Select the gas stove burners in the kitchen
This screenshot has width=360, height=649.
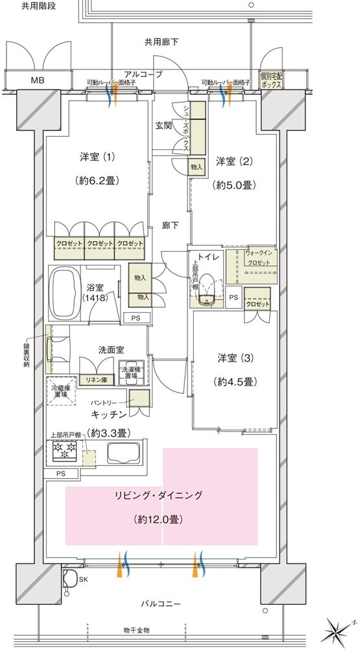(65, 450)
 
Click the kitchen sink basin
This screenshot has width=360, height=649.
(123, 452)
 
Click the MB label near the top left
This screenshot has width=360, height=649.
(37, 80)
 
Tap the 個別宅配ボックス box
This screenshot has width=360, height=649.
(271, 80)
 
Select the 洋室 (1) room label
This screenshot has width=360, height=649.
(97, 157)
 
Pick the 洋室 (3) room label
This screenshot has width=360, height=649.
(235, 358)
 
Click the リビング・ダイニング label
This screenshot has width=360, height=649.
(159, 495)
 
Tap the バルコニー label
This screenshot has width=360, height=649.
(162, 604)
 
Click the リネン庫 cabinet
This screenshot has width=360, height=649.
(96, 380)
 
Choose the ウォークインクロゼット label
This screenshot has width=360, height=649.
(258, 257)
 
